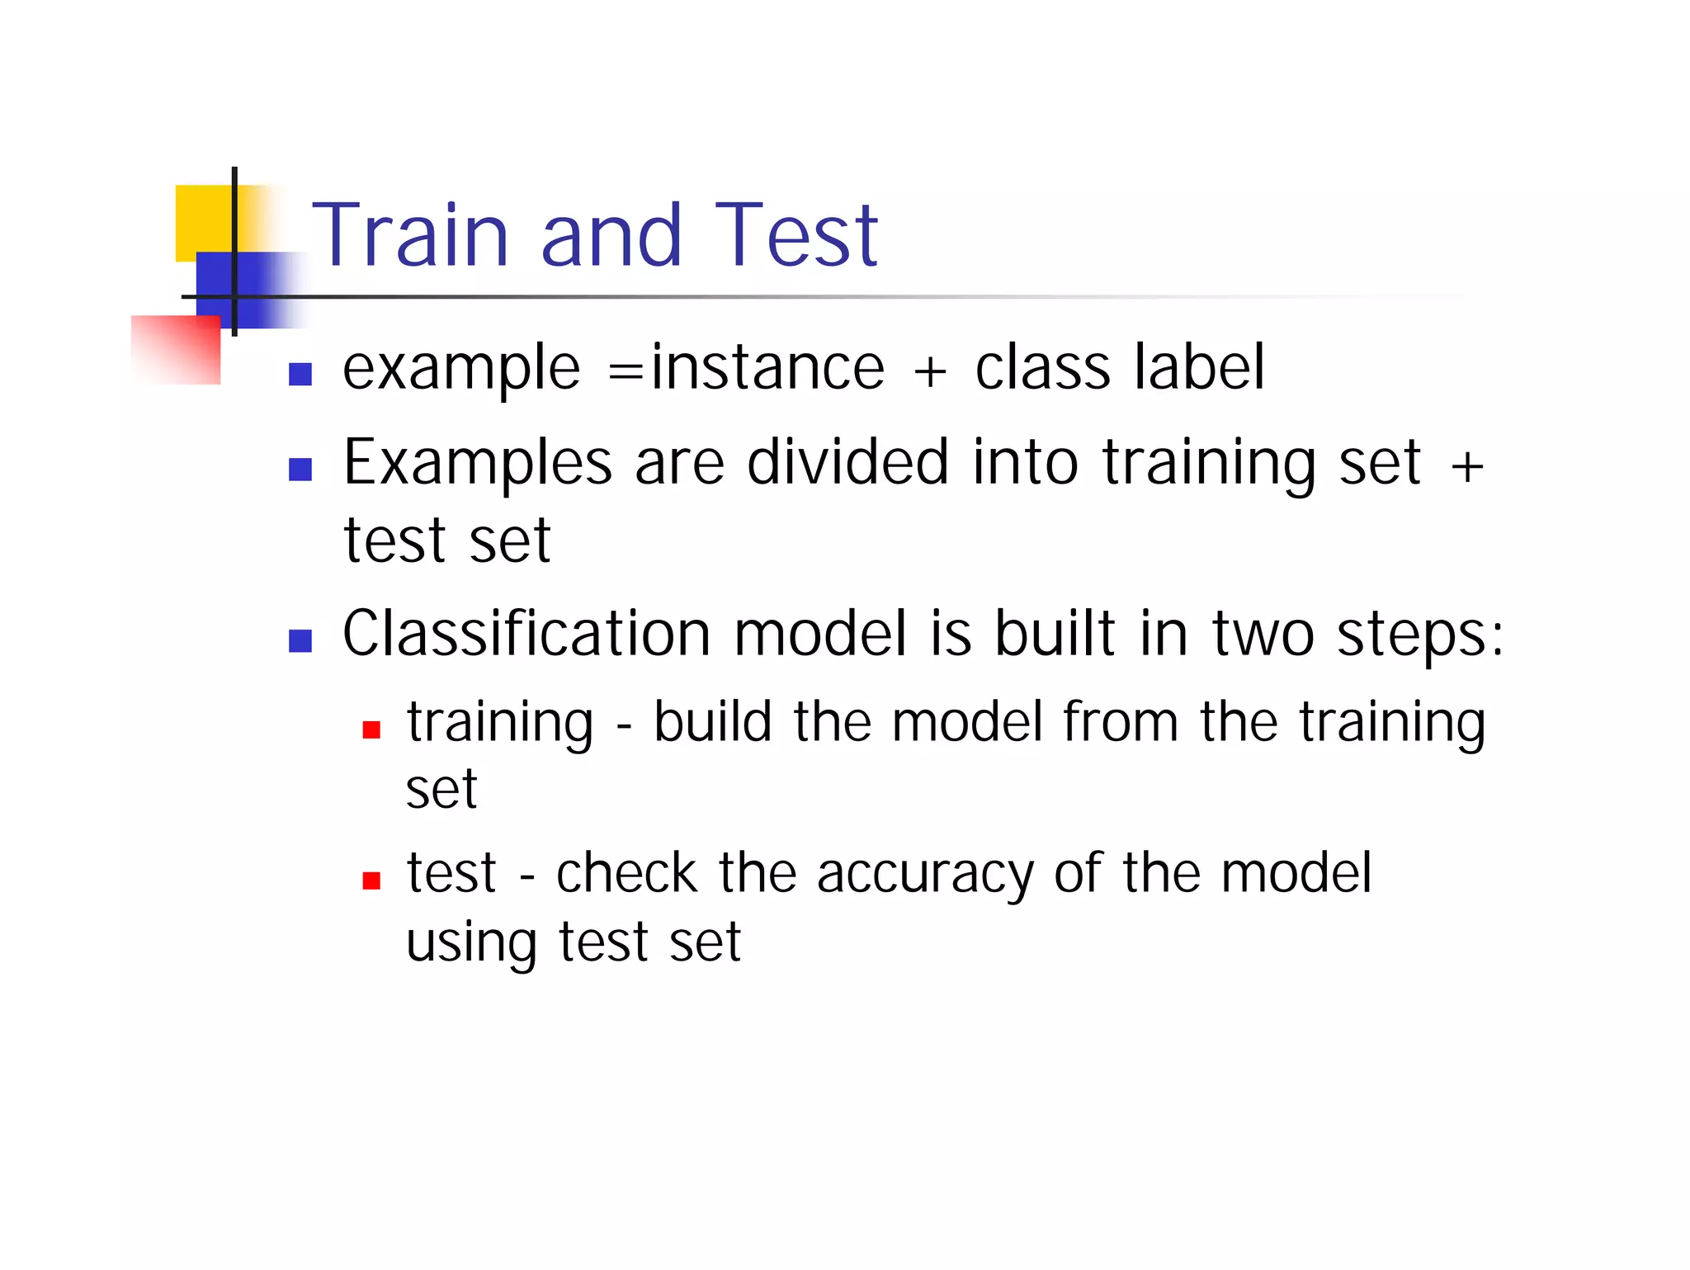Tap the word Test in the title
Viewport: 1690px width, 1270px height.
795,236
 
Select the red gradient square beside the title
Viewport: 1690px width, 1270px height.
177,350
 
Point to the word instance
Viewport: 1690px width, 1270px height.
767,368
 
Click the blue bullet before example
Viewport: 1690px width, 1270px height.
300,375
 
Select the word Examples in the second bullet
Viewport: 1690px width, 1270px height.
478,464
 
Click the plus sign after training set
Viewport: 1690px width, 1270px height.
1467,467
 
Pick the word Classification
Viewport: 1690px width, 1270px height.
526,634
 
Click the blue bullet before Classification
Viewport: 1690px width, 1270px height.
300,640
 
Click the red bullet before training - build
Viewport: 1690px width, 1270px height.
371,729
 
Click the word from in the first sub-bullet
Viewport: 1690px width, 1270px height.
1120,721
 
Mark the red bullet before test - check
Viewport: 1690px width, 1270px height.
371,881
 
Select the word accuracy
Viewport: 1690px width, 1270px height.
924,875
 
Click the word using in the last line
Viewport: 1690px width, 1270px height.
471,943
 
